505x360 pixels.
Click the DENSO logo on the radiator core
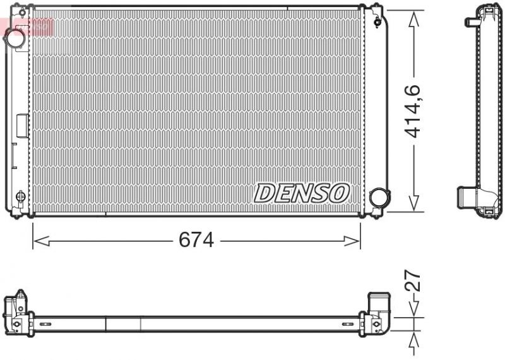point(302,193)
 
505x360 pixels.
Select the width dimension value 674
point(196,240)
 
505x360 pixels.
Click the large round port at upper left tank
point(15,38)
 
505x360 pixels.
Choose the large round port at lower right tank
point(379,197)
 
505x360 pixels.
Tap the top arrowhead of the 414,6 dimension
point(413,19)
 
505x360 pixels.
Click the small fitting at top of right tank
point(377,22)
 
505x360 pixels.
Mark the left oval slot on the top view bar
point(45,323)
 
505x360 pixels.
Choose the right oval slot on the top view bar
point(347,323)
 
